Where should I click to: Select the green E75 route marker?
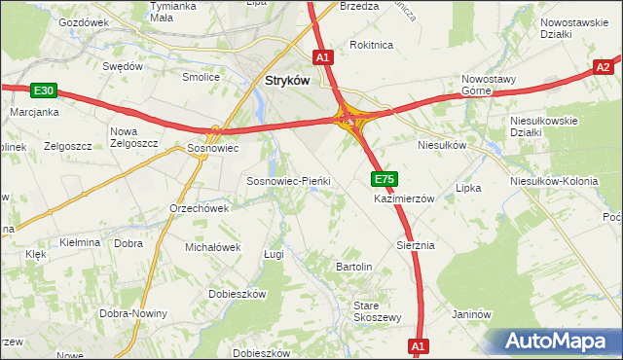[x=385, y=179]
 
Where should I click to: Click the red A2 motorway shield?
[x=605, y=67]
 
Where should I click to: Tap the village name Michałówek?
[x=212, y=247]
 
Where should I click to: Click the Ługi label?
[x=274, y=254]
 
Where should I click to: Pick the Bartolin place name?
[x=354, y=266]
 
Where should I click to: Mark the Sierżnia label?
[x=415, y=245]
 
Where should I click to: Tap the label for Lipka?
[x=468, y=189]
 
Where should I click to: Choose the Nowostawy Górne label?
[x=492, y=86]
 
